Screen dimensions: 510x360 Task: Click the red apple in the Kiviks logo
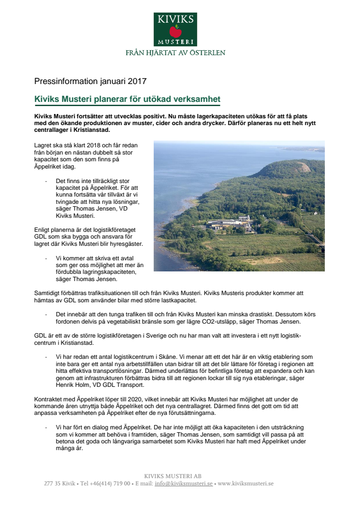click(175, 32)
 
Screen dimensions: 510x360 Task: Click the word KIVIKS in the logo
click(175, 19)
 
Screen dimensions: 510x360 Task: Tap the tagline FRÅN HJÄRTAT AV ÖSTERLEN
click(175, 53)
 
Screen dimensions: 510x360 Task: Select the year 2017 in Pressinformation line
click(137, 81)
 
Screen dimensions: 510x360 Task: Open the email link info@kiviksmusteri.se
click(183, 483)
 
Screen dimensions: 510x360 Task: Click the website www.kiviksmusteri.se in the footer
click(246, 483)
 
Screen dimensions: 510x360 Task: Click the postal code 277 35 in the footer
click(52, 483)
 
